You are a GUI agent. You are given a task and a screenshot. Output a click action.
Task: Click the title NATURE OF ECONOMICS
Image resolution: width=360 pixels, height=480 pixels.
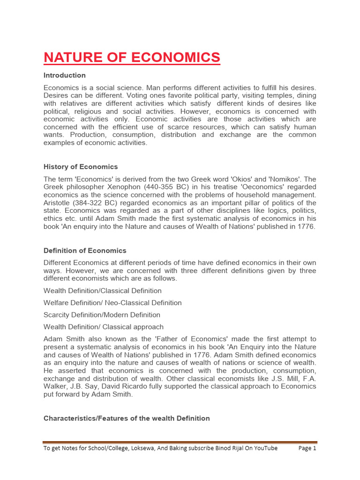coord(132,57)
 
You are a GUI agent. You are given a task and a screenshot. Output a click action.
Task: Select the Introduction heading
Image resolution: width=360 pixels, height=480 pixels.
coord(65,75)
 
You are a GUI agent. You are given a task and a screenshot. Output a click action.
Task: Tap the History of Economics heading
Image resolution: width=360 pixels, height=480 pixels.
coord(81,167)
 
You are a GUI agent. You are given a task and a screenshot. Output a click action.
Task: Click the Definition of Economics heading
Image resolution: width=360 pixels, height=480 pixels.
coord(85,251)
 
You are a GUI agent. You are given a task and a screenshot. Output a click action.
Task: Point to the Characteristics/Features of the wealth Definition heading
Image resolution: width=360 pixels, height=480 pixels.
coord(127,418)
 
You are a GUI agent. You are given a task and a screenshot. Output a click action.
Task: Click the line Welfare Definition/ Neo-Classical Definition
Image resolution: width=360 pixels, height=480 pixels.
coord(112,303)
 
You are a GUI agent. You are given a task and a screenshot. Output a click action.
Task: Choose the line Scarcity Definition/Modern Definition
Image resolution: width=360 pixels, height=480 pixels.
coord(102,315)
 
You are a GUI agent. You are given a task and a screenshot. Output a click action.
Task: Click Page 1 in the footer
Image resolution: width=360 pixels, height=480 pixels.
coord(307,448)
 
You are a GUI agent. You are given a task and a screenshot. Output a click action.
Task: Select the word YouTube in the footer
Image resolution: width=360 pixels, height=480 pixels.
coord(264,448)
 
